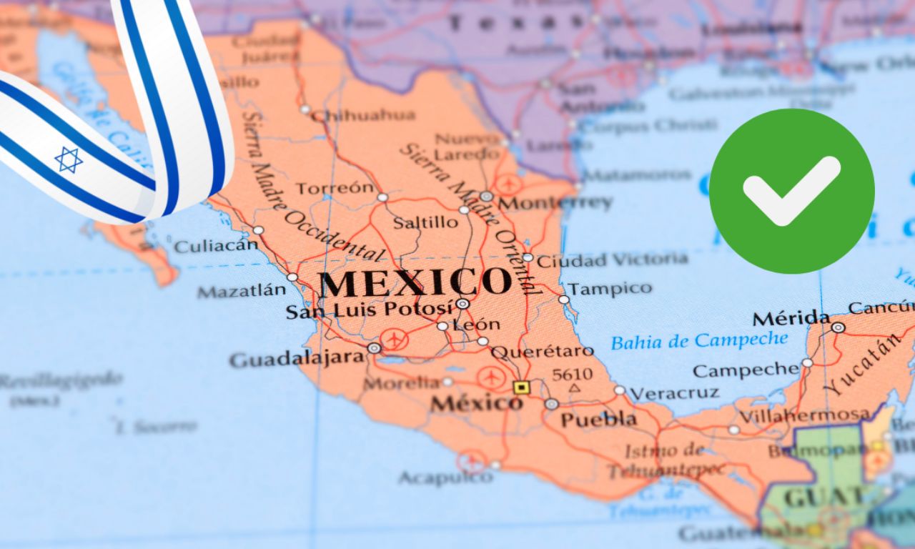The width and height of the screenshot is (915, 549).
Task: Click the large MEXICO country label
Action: pos(415,283)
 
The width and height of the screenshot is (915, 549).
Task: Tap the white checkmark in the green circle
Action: pos(791,190)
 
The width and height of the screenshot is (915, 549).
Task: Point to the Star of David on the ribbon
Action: pos(69,159)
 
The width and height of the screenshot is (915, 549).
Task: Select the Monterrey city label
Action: pos(555,203)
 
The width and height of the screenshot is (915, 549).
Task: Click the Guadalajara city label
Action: pos(297,359)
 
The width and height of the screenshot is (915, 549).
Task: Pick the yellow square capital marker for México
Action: pos(522,387)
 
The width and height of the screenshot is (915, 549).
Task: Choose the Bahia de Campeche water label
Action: pos(699,341)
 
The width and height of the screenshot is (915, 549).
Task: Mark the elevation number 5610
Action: pos(573,374)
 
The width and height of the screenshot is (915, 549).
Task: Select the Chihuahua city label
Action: pos(363,115)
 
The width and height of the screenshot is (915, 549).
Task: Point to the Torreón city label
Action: pos(335,189)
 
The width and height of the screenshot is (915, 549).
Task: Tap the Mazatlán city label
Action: pos(241,291)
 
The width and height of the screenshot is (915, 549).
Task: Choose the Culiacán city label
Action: pos(215,246)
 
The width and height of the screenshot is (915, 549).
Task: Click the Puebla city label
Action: pos(598,420)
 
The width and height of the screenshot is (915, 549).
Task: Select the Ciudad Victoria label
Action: pos(612,259)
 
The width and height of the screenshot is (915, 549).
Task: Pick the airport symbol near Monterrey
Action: pos(509,184)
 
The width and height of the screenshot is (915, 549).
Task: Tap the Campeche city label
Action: pos(746,370)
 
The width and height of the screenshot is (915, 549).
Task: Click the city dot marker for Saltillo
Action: pos(464,210)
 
